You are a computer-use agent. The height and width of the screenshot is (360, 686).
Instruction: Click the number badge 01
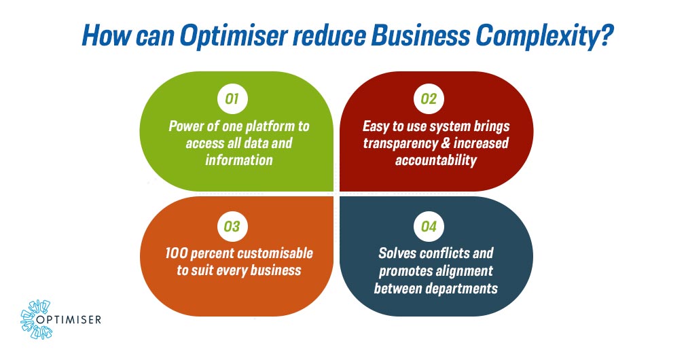(232, 99)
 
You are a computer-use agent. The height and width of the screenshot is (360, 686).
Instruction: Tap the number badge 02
(429, 99)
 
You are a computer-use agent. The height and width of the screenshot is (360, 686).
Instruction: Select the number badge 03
(232, 226)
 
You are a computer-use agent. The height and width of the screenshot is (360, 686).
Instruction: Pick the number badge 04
(429, 226)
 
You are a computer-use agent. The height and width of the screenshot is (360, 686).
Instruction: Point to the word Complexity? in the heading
(543, 35)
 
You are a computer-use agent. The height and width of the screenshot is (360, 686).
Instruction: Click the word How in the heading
(106, 35)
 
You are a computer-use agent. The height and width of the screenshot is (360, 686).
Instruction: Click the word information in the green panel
(239, 160)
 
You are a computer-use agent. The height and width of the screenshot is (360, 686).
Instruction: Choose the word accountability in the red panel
(436, 160)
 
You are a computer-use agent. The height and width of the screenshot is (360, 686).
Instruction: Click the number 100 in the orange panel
(177, 254)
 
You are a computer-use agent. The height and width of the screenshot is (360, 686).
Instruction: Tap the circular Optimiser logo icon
(36, 319)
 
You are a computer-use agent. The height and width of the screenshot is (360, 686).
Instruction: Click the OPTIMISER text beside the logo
(69, 320)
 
